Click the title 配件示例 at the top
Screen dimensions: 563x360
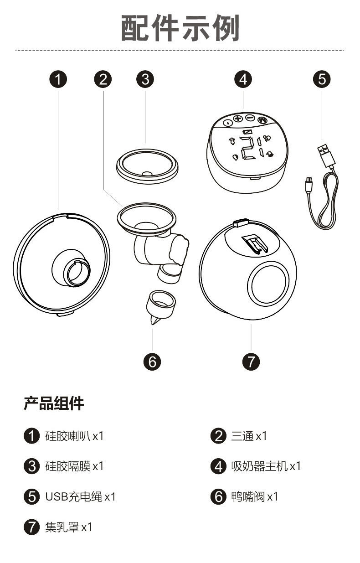tap(180, 28)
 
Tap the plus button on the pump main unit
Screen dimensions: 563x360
tap(238, 119)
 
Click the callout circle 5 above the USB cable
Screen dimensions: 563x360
tap(322, 79)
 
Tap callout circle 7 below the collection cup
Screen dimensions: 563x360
tap(251, 362)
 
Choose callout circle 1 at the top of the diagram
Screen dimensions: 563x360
tap(58, 79)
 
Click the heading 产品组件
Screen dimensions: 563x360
tap(54, 403)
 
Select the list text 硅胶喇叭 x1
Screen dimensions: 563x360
tap(75, 436)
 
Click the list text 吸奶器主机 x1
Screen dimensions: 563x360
tap(266, 466)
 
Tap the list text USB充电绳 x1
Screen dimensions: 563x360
tap(80, 496)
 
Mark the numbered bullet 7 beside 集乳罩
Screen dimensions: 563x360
tap(31, 527)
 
